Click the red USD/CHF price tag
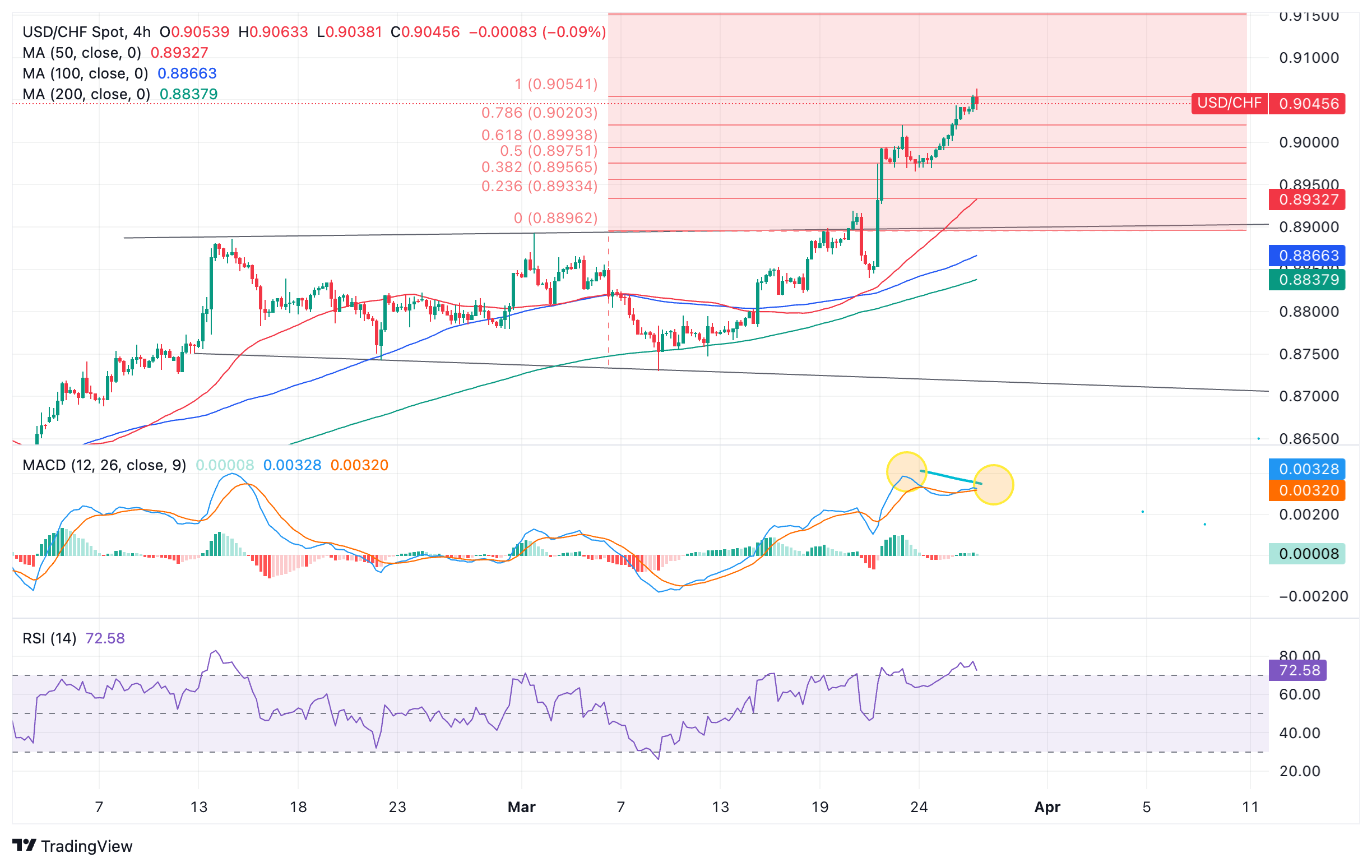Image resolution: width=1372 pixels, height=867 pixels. [1229, 103]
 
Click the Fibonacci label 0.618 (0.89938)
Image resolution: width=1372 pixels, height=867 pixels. [539, 135]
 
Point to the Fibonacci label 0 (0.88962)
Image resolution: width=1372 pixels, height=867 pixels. [555, 217]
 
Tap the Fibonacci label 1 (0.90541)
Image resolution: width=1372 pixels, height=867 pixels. [555, 84]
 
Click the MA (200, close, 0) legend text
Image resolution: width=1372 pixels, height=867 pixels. [86, 94]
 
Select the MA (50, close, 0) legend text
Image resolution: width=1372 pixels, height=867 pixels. [81, 53]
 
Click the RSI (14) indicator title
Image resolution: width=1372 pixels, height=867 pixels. [49, 638]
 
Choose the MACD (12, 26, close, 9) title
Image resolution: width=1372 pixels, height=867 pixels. [104, 465]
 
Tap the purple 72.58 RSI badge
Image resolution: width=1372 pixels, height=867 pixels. [1297, 670]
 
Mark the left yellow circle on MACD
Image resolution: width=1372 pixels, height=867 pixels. [906, 472]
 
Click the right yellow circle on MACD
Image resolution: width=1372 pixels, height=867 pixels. [993, 485]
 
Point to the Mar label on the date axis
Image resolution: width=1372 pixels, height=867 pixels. [521, 807]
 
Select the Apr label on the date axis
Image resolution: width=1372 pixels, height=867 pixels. [1047, 807]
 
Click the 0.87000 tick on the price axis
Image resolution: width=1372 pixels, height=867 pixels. [1308, 396]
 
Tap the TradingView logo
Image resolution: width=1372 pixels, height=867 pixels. [72, 846]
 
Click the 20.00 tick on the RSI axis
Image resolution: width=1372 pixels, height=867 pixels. [1299, 771]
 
